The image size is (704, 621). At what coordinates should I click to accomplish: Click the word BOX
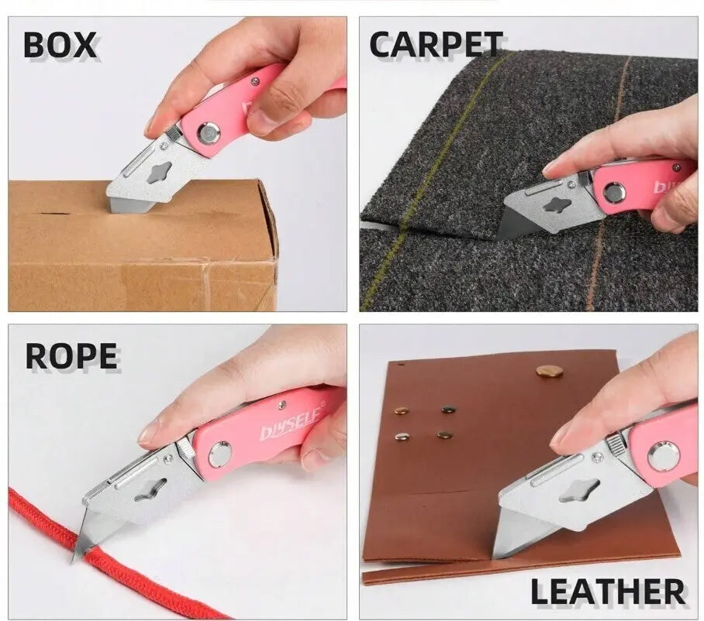(60, 45)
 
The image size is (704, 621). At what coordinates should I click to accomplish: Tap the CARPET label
(436, 44)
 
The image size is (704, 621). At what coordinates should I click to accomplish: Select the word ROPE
(71, 356)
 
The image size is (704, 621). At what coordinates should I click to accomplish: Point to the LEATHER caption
(608, 592)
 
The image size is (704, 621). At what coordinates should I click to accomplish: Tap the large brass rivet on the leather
(550, 371)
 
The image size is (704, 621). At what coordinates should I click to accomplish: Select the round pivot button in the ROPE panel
(220, 453)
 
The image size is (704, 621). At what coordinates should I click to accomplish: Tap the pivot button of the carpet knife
(613, 193)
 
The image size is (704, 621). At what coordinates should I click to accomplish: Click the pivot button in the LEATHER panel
(664, 456)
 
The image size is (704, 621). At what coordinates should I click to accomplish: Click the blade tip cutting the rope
(73, 561)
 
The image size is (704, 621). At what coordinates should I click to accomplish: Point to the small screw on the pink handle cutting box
(255, 81)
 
